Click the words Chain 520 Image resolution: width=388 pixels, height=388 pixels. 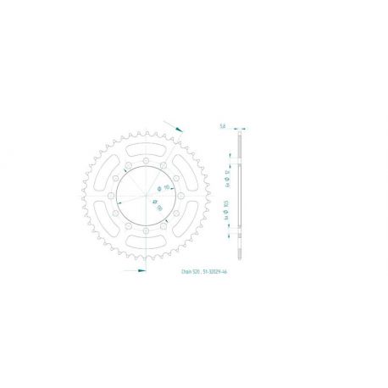[188, 273]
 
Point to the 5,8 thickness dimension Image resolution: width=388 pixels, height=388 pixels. [222, 126]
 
